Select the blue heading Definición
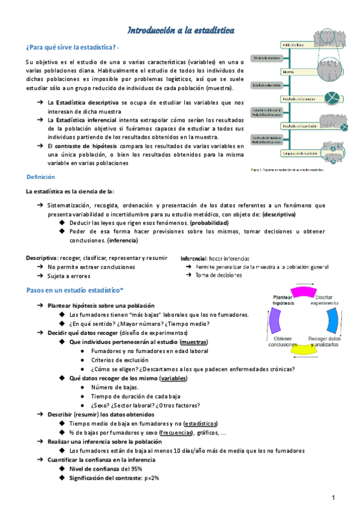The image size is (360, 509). point(40,177)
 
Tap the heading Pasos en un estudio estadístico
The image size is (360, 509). point(74,291)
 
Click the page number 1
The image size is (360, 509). point(333,498)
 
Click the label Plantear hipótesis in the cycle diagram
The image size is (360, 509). point(283,300)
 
